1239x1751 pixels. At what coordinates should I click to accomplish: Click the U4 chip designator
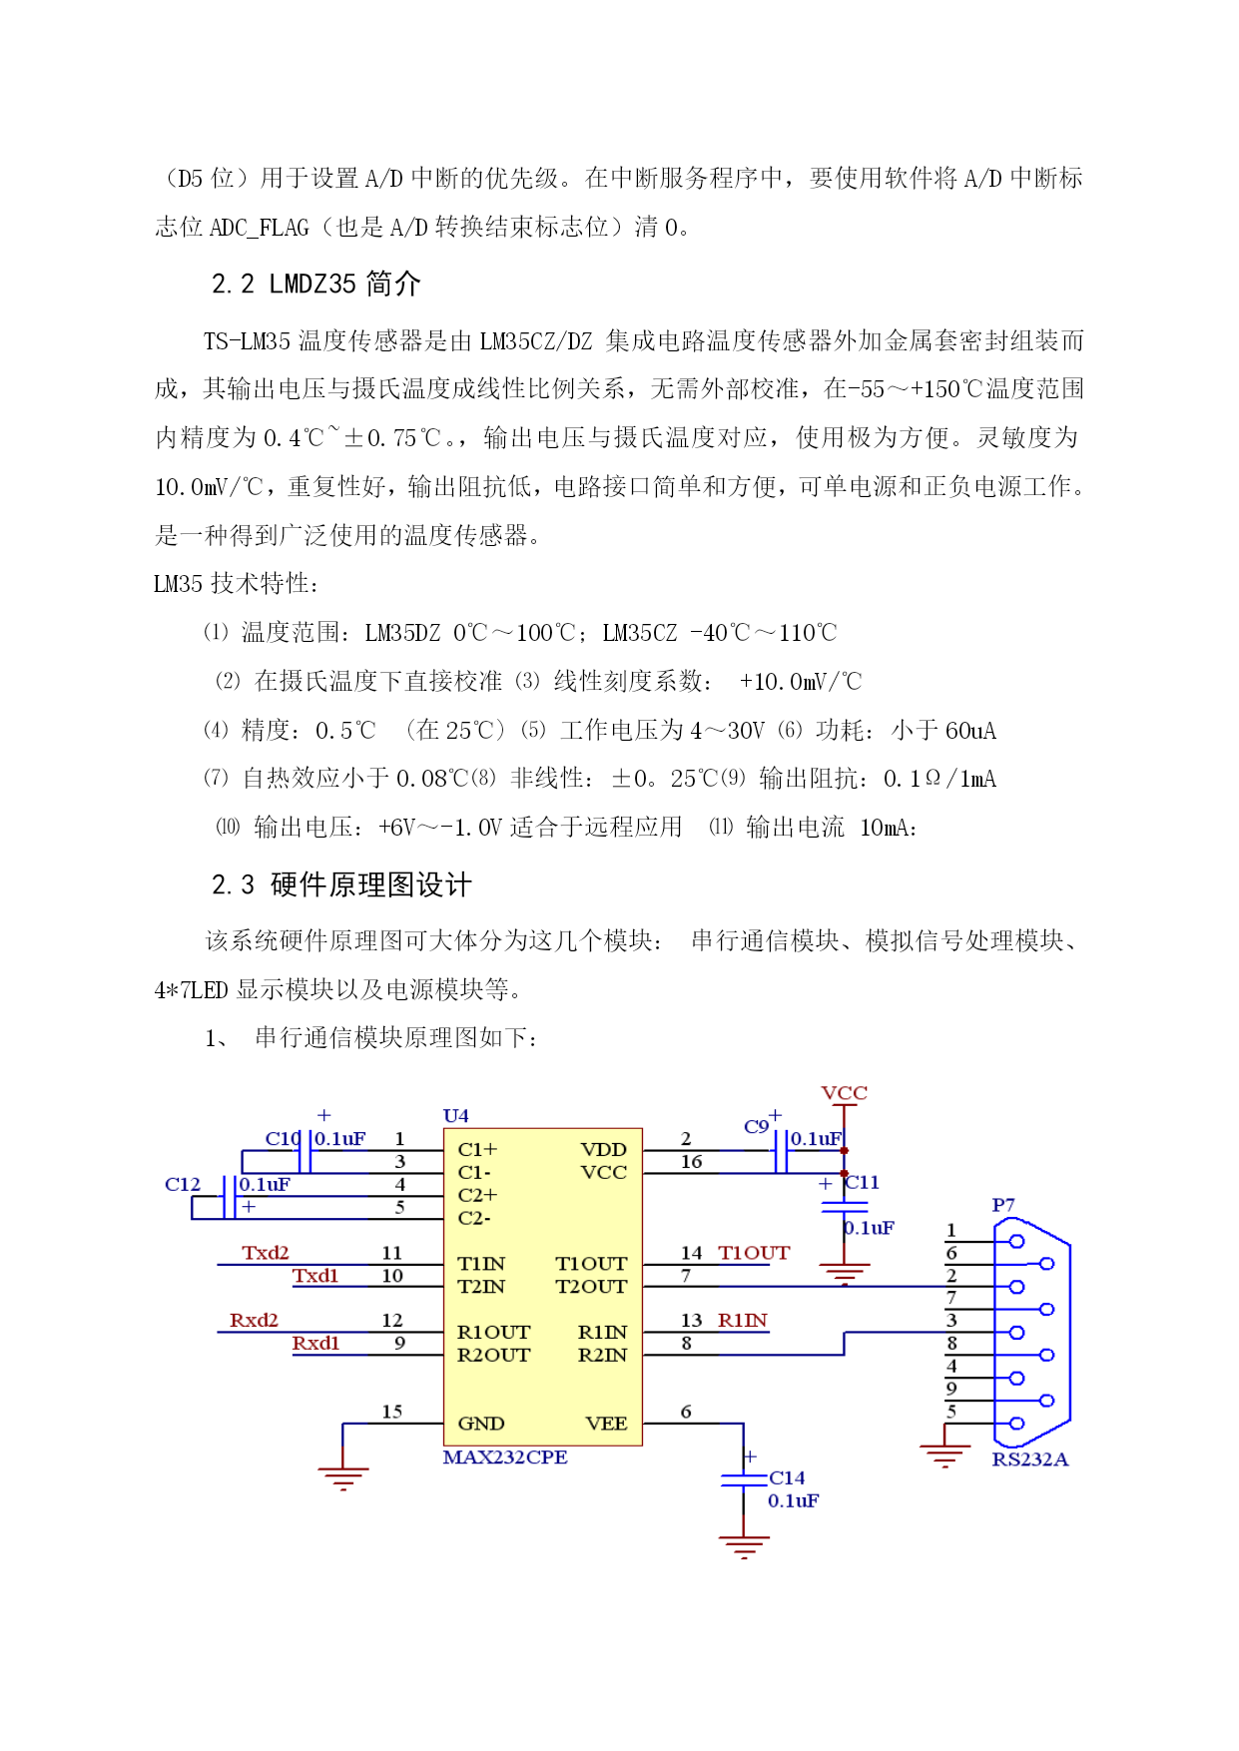[x=455, y=1115]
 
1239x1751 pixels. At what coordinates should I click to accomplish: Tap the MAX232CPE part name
[x=505, y=1457]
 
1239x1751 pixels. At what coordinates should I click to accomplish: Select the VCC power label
[x=844, y=1092]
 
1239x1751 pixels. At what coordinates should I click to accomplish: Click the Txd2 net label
[x=266, y=1252]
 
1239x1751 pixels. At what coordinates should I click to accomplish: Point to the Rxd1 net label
[x=315, y=1343]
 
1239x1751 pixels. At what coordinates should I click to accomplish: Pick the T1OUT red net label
[x=754, y=1252]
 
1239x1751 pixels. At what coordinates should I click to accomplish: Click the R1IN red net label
[x=743, y=1320]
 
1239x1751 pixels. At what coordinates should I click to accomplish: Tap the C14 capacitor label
[x=787, y=1477]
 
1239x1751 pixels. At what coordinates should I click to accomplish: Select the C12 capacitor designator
[x=183, y=1184]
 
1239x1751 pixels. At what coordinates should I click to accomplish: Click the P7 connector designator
[x=1003, y=1205]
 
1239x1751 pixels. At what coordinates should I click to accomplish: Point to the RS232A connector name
[x=1029, y=1459]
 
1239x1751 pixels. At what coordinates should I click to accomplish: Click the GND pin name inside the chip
[x=481, y=1423]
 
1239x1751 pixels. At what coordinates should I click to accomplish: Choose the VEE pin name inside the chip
[x=606, y=1423]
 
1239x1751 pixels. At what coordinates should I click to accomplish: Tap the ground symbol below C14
[x=744, y=1546]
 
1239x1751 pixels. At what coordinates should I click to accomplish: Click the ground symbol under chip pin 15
[x=342, y=1478]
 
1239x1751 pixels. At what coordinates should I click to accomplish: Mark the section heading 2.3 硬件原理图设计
[x=341, y=884]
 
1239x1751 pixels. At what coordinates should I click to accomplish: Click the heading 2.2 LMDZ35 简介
[x=316, y=284]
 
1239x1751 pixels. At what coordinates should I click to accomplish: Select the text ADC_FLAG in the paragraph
[x=260, y=228]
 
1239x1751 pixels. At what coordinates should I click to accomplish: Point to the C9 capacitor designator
[x=756, y=1126]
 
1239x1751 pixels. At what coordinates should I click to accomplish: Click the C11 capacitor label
[x=863, y=1182]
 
